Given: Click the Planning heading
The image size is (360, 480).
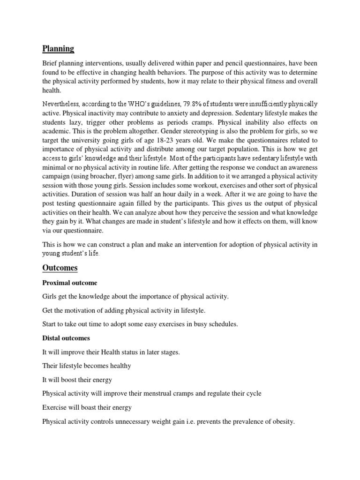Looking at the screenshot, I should click(x=58, y=49).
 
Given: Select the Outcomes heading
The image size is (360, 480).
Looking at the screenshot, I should click(x=60, y=268).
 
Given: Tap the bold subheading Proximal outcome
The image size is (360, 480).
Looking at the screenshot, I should click(x=70, y=283).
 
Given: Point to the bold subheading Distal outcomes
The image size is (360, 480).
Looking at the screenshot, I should click(x=66, y=338).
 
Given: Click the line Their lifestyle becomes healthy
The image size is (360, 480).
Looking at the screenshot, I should click(x=87, y=366).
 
